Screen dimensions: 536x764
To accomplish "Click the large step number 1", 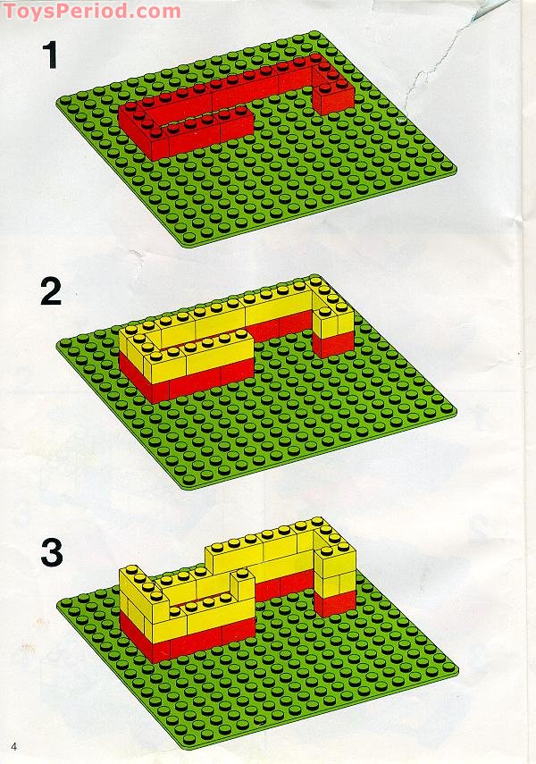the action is click(x=50, y=55).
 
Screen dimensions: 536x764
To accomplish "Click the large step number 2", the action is click(x=51, y=291).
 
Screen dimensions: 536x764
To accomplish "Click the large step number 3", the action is click(x=52, y=552).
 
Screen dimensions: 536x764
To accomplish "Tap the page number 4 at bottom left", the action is click(x=13, y=746).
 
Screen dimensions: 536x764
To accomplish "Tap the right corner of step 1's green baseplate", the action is click(x=456, y=170).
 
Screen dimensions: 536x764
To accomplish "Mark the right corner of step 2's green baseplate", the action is click(x=456, y=412).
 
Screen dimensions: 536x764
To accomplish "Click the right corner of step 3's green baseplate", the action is click(x=457, y=670).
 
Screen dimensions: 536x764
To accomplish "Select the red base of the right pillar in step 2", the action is click(x=332, y=344).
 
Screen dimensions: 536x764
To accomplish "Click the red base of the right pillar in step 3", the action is click(x=334, y=604).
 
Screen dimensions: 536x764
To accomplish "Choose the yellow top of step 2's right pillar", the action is click(x=333, y=319).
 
